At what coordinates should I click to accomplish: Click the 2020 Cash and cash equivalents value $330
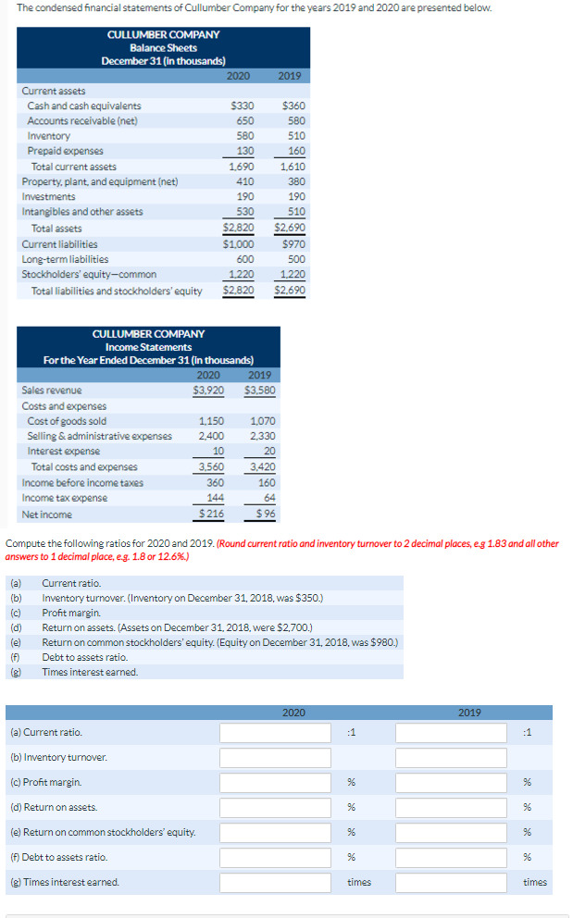(243, 106)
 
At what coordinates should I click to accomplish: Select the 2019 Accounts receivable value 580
(295, 121)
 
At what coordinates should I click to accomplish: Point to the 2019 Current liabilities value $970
(293, 244)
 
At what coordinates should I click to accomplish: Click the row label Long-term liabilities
(65, 259)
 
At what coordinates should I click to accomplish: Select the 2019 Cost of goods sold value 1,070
(263, 421)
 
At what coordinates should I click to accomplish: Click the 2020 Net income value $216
(211, 514)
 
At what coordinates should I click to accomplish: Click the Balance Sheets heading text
(163, 47)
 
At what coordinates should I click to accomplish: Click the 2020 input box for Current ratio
(275, 733)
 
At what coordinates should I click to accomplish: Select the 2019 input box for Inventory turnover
(451, 758)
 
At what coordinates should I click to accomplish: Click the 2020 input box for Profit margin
(275, 783)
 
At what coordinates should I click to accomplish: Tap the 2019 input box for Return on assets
(451, 808)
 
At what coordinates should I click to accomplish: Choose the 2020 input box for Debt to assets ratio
(275, 858)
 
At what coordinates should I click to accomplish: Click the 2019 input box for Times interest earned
(451, 883)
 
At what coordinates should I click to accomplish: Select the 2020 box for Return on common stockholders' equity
(275, 833)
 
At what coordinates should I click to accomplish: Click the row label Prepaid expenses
(65, 151)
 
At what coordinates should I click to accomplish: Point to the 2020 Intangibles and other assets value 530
(244, 212)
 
